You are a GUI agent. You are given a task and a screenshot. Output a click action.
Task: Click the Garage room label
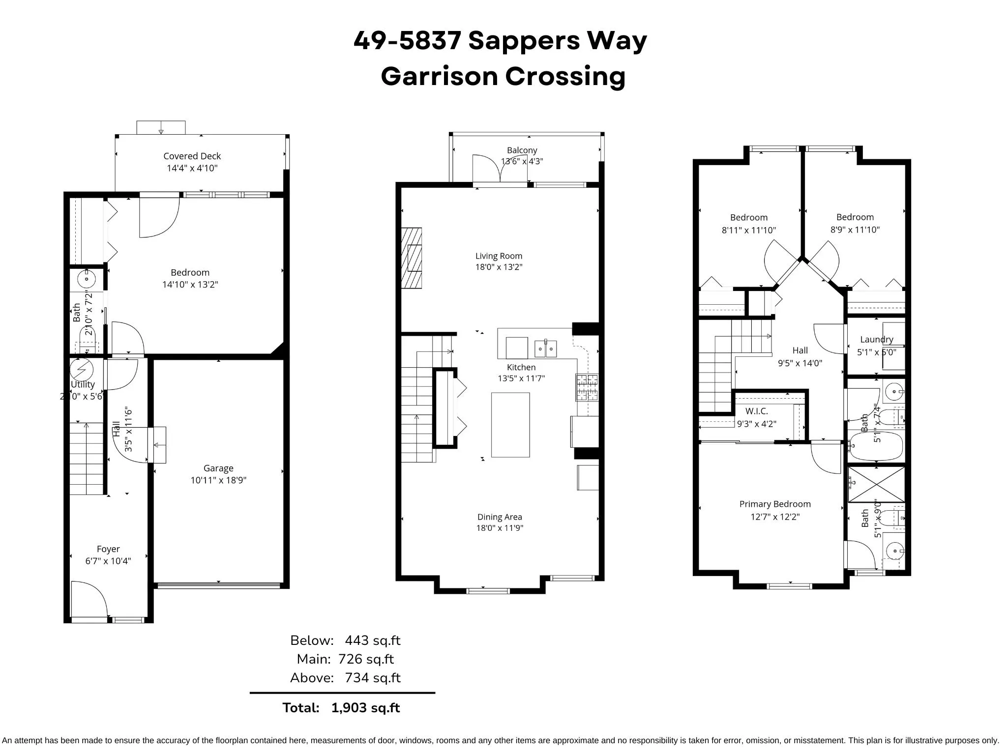point(218,468)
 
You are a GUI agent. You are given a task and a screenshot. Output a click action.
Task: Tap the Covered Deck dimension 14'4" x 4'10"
point(192,168)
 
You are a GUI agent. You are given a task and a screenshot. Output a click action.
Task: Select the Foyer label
point(108,549)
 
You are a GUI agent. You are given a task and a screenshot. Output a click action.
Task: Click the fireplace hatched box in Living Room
point(412,258)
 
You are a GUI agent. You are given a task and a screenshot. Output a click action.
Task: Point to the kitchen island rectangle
point(510,425)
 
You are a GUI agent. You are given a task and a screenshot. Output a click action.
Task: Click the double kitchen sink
point(545,349)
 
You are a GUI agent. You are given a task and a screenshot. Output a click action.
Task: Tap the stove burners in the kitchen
point(587,387)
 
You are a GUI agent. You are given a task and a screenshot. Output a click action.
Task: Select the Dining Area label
point(500,517)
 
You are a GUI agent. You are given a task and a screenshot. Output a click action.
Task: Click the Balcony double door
point(500,170)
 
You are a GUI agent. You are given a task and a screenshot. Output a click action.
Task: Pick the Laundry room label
point(876,339)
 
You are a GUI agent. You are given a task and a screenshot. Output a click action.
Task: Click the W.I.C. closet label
point(756,411)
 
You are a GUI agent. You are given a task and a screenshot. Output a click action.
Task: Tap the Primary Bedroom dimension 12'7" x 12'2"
point(775,517)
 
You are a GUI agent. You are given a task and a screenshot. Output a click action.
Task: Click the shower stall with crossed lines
point(876,485)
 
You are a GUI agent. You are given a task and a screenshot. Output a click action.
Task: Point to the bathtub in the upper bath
point(876,446)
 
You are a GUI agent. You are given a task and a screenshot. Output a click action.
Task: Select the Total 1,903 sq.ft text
point(341,708)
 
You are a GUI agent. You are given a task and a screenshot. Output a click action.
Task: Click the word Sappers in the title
point(524,40)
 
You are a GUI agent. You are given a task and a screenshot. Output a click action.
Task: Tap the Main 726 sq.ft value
point(366,659)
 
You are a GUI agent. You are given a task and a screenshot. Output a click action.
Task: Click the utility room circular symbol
point(81,369)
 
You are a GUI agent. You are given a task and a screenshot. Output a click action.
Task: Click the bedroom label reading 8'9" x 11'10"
point(855,230)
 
